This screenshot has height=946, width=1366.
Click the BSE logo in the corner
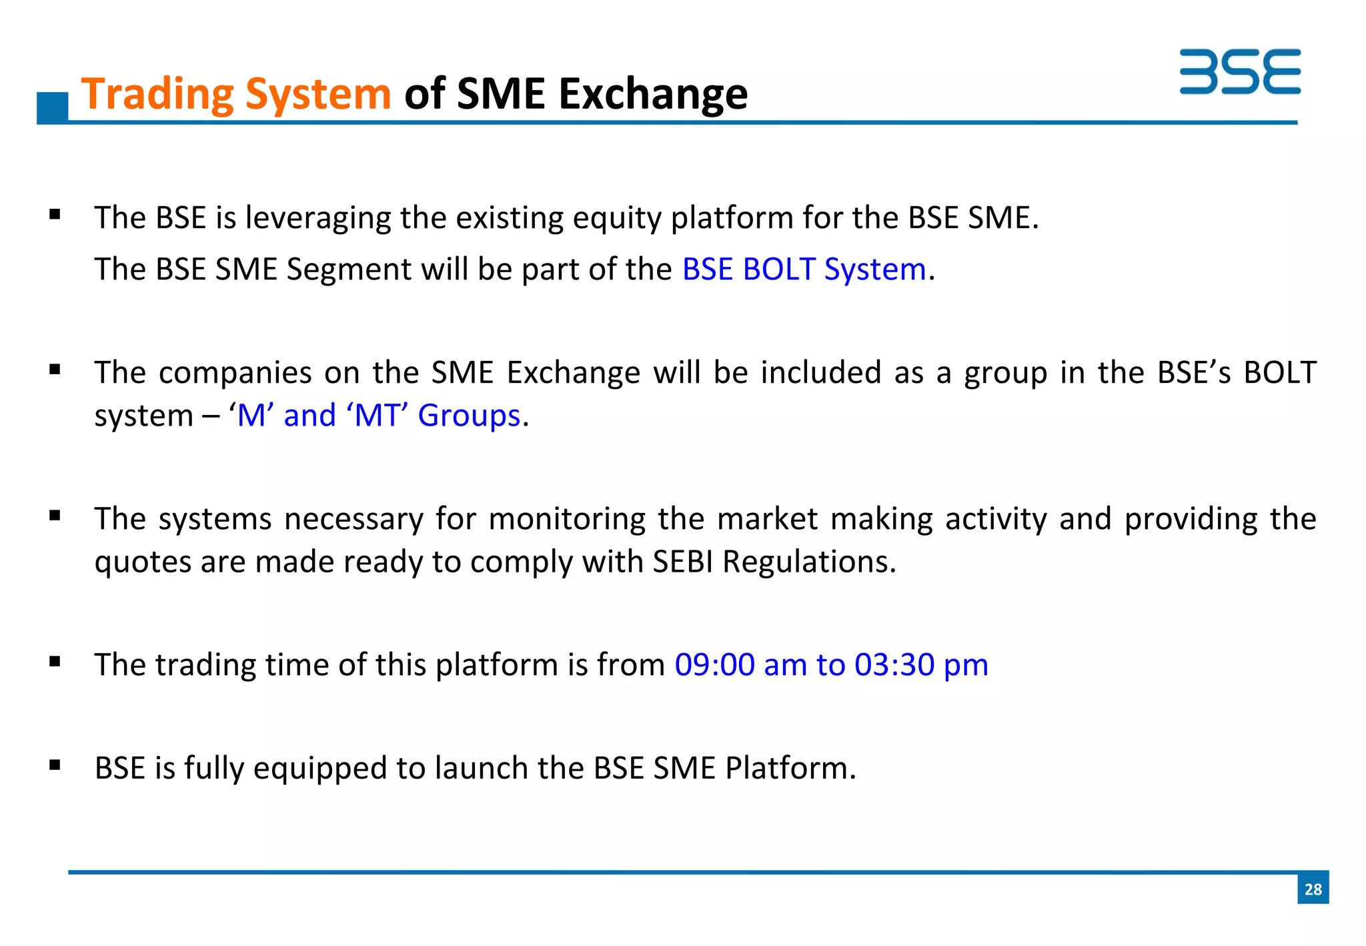tap(1239, 71)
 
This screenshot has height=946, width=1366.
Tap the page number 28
tap(1313, 889)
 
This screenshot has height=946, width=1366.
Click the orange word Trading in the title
tap(157, 94)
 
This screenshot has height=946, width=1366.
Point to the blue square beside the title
tap(53, 107)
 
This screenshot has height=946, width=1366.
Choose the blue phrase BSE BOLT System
tap(804, 270)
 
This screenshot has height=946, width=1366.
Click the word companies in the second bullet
tap(235, 373)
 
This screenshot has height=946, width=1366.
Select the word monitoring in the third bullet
tap(567, 519)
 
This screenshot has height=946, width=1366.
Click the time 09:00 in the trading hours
tap(714, 665)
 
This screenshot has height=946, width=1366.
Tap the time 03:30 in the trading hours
tap(894, 665)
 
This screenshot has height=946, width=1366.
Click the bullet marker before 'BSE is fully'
tap(55, 765)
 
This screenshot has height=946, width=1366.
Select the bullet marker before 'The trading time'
tap(55, 662)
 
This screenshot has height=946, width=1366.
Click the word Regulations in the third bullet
tap(809, 562)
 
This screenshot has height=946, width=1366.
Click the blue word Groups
tap(468, 416)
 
